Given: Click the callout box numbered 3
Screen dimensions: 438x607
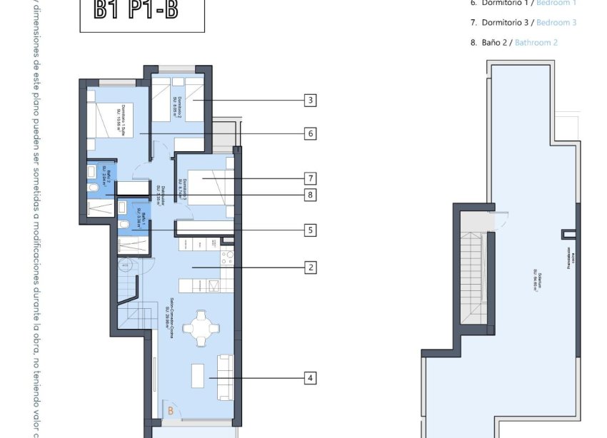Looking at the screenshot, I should [x=309, y=101].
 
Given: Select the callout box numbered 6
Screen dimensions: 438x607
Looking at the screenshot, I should [x=309, y=133].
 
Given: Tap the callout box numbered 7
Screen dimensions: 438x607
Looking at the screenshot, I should [x=309, y=178].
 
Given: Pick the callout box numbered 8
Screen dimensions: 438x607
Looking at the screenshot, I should [x=309, y=194].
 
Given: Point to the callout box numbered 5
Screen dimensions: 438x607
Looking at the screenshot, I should [x=309, y=230].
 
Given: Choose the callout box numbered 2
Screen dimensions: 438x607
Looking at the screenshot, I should [x=309, y=268].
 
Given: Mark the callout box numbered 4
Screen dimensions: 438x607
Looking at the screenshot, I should [x=309, y=378].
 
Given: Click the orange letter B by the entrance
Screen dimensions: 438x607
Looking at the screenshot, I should [x=170, y=411].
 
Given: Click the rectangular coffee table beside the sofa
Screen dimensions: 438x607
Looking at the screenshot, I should [x=198, y=372].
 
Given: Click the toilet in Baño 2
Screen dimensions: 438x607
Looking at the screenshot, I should [x=94, y=187].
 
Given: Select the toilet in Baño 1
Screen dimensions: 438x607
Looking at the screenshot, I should [x=125, y=225].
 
